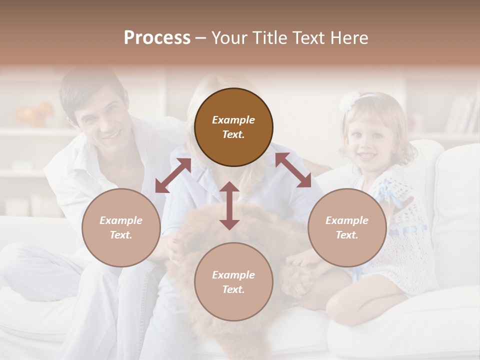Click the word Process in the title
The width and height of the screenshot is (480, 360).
tap(157, 38)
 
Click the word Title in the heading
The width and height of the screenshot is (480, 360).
tap(279, 38)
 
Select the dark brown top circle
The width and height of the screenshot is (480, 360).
tap(233, 127)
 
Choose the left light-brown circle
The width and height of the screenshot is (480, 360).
tap(121, 227)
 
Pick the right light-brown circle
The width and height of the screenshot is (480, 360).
tap(347, 227)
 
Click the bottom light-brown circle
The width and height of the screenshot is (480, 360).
tap(233, 282)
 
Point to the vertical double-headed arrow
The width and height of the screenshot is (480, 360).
tap(229, 205)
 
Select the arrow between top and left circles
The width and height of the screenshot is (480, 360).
tap(173, 175)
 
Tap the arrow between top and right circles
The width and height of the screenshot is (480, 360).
tap(293, 170)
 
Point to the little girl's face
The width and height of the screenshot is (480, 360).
tap(367, 140)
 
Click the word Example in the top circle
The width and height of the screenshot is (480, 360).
tap(233, 120)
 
